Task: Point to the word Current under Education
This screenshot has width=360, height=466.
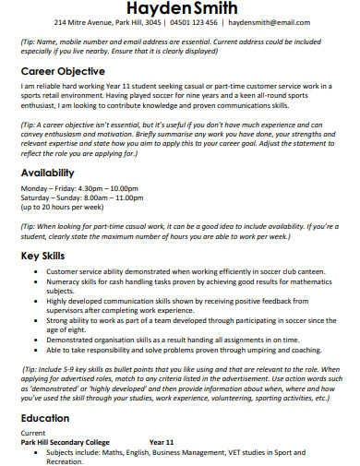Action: coord(33,431)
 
